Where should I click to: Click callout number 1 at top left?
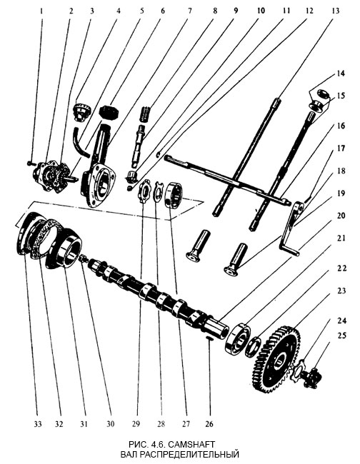point(41,11)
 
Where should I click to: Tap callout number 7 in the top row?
point(189,11)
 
